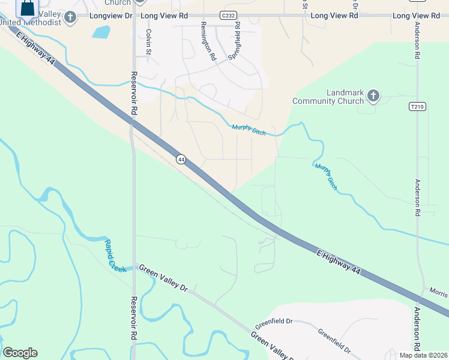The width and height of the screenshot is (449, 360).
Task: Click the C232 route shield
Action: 228,15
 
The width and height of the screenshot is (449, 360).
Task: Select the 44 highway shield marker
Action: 181,160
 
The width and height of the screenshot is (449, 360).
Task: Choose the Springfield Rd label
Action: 234,41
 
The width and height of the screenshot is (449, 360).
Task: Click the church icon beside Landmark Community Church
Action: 373,95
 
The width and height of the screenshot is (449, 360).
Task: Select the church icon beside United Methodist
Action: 71,17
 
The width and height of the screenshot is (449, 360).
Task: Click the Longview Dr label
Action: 110,15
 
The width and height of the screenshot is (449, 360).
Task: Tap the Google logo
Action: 20,353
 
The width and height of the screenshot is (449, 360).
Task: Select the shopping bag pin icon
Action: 27,8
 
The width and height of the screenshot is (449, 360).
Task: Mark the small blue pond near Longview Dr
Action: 101,31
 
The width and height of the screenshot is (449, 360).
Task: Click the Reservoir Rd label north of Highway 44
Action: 134,94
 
